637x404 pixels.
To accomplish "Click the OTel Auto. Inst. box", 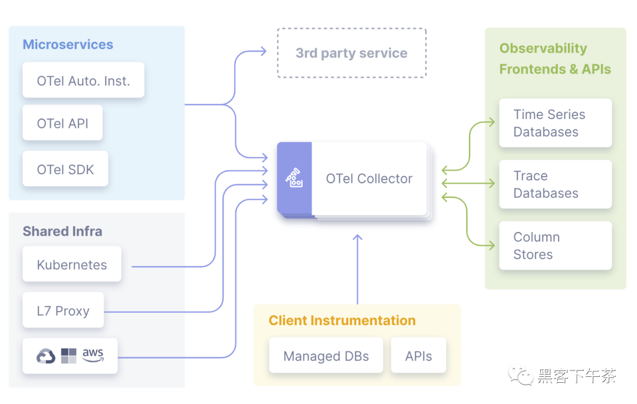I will coord(83,81).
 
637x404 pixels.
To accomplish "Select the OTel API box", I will coord(63,123).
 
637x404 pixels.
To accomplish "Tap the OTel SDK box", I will coord(65,170).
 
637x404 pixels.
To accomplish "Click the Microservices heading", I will coord(68,45).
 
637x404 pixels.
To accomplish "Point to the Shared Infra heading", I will coord(63,231).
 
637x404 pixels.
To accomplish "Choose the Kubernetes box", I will coord(72,264).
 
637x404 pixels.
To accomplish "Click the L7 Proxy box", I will coord(63,310).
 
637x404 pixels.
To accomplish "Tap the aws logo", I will coord(93,355).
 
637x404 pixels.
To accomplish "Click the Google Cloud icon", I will coord(46,356).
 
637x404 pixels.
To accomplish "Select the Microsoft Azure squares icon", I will coord(69,356).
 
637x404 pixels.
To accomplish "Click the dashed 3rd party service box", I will coord(352,53).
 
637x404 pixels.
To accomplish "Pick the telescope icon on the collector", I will coord(294,178).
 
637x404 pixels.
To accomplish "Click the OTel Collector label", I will coord(369,179).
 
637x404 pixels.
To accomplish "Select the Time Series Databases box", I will coord(555,123).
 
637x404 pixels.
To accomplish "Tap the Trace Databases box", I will coord(555,184).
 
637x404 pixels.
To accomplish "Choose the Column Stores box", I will coord(555,246).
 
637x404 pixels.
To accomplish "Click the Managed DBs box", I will coord(326,356).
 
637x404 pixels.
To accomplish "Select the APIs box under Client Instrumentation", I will coord(418,356).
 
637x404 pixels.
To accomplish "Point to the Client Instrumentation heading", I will coord(342,321).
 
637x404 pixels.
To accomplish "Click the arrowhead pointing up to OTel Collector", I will coord(357,238).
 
